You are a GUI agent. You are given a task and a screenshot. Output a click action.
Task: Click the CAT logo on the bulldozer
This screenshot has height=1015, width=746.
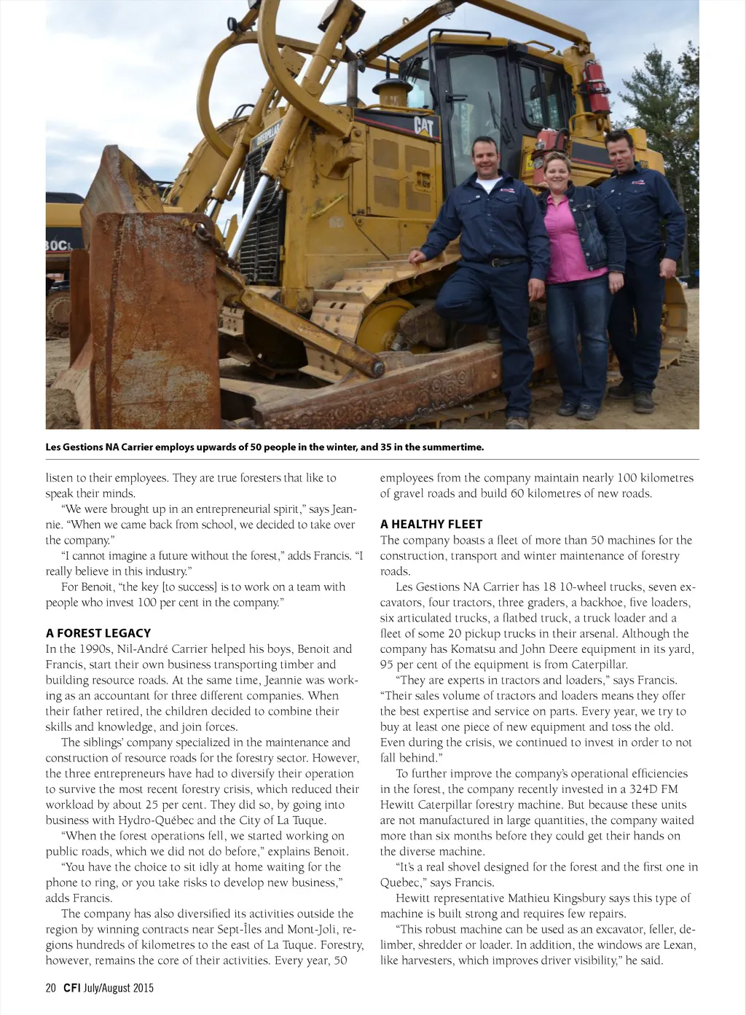(424, 125)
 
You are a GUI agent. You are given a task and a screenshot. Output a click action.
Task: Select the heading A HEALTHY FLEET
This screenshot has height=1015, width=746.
(431, 524)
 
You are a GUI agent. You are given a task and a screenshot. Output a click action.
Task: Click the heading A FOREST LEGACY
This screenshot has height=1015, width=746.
(98, 633)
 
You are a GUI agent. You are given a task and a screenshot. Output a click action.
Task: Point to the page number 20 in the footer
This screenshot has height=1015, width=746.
(51, 988)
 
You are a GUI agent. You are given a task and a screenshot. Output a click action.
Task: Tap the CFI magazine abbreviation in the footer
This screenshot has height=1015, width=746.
(71, 988)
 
